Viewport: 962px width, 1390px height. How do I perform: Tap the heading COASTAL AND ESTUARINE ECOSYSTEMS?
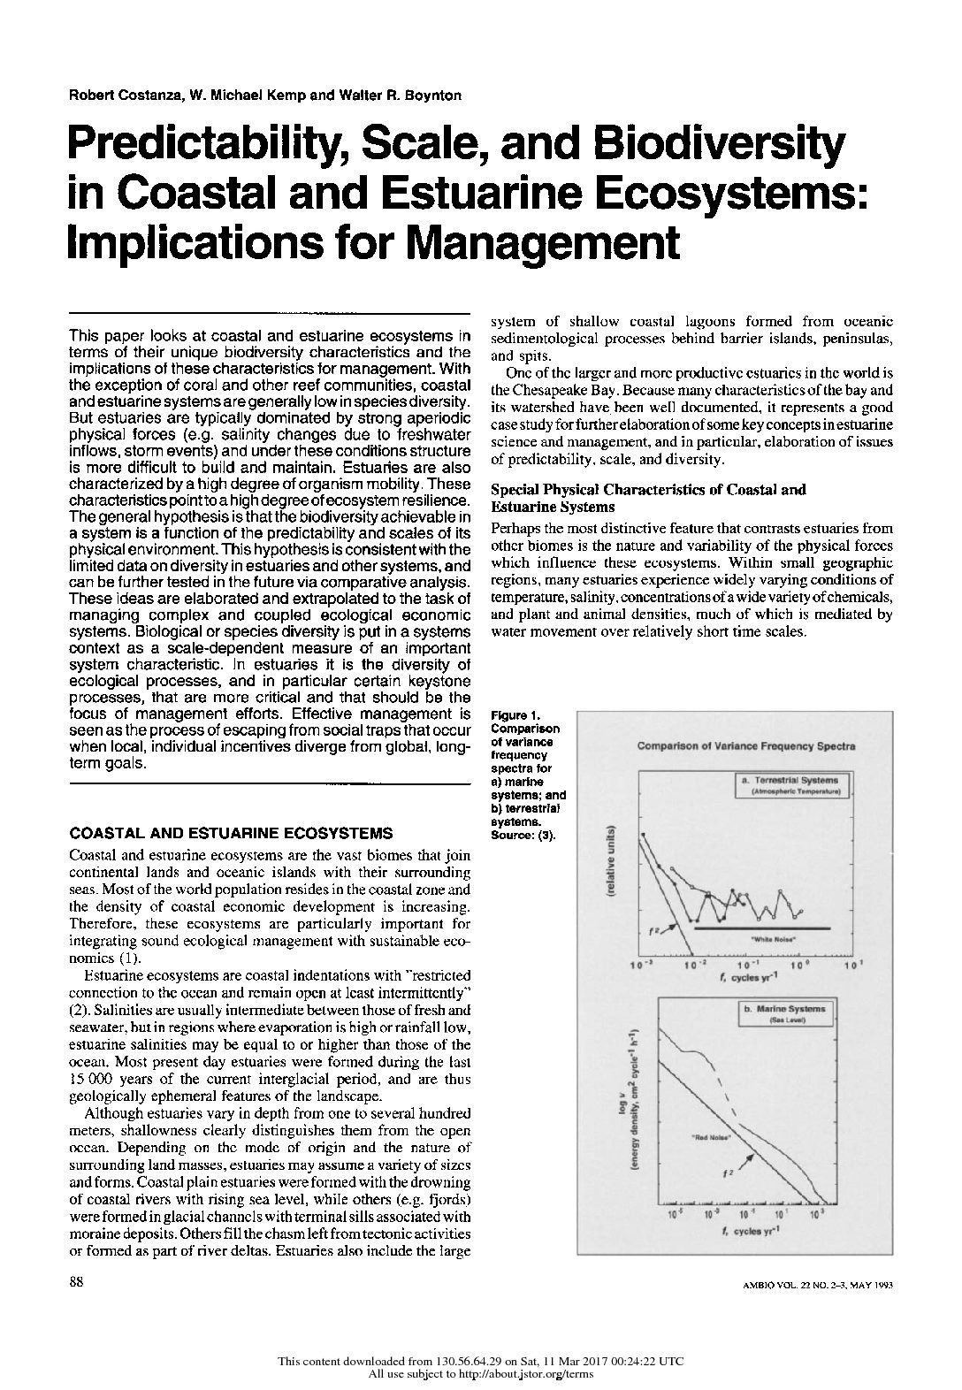pyautogui.click(x=231, y=833)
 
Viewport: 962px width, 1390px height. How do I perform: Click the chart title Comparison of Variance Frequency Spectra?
pyautogui.click(x=746, y=745)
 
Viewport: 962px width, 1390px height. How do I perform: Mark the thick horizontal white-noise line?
pyautogui.click(x=762, y=928)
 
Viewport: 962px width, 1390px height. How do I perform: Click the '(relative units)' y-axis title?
pyautogui.click(x=611, y=864)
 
